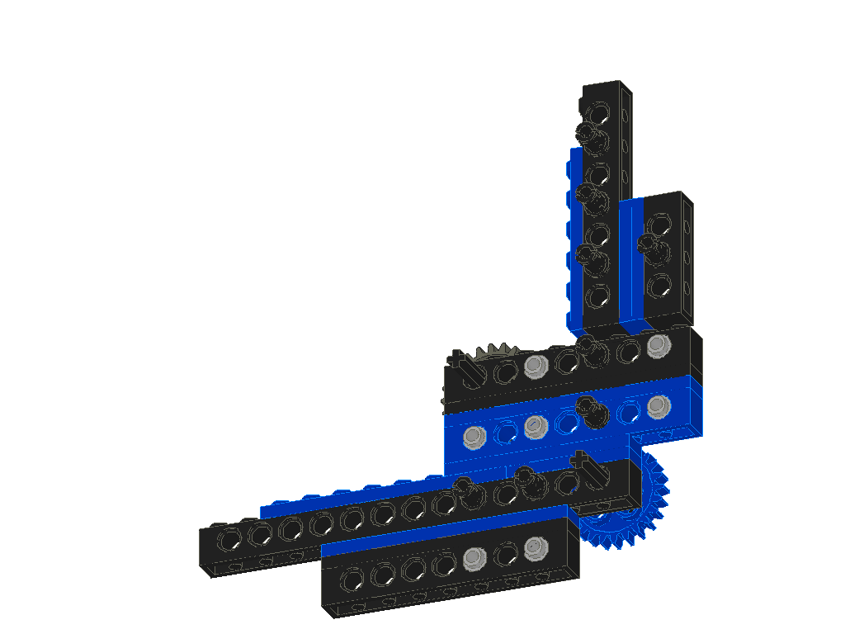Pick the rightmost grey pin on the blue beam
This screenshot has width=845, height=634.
pyautogui.click(x=657, y=405)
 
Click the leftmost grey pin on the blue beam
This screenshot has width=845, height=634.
pyautogui.click(x=473, y=436)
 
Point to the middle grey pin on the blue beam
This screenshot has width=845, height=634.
pyautogui.click(x=534, y=426)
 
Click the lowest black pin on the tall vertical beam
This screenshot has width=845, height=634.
pyautogui.click(x=590, y=255)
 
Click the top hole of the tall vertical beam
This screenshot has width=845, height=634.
pyautogui.click(x=600, y=110)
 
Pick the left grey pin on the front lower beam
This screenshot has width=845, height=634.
pyautogui.click(x=473, y=559)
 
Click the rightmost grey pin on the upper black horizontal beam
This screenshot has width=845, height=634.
pyautogui.click(x=657, y=344)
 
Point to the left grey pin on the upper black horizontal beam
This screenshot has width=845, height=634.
pyautogui.click(x=535, y=365)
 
